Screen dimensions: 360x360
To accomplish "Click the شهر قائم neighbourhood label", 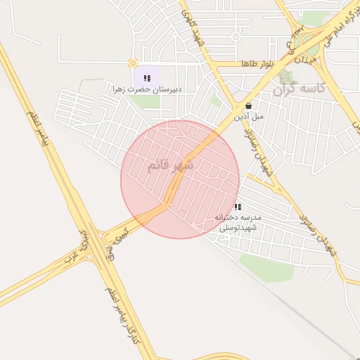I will [x=170, y=166].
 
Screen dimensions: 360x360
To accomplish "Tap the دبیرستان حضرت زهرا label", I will [x=147, y=89].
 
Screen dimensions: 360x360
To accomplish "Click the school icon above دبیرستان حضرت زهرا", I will [x=147, y=78].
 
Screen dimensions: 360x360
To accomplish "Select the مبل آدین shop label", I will [x=249, y=116].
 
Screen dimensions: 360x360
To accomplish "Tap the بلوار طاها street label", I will [x=255, y=63].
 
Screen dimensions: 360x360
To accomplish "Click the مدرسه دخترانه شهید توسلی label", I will [x=238, y=223].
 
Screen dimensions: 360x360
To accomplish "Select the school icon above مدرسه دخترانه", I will [x=238, y=207].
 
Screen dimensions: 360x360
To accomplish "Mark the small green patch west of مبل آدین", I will [x=215, y=101].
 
